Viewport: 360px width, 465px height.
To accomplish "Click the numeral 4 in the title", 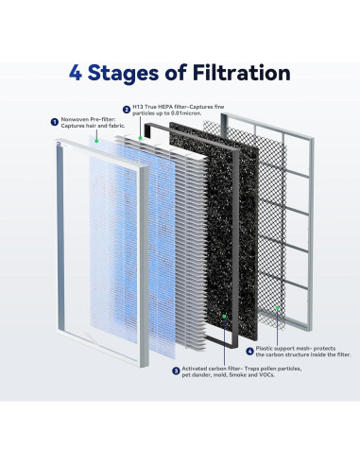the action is (x=75, y=73).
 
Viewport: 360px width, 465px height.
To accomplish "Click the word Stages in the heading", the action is (x=123, y=74).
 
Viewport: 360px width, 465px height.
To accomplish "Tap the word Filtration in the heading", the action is (x=242, y=73).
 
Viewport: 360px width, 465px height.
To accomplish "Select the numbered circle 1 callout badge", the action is (x=55, y=122).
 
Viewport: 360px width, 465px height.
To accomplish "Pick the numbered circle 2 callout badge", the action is (x=127, y=110).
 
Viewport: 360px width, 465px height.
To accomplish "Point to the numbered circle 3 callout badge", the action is (x=176, y=370).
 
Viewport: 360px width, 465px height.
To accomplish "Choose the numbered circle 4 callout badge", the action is (x=249, y=351).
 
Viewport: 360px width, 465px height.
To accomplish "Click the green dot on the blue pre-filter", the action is (x=96, y=141).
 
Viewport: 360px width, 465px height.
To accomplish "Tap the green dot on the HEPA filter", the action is (x=141, y=138).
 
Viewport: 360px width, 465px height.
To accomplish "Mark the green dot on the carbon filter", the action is (x=224, y=316).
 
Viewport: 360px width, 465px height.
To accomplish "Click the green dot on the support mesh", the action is (x=278, y=308).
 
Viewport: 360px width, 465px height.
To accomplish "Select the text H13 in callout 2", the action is (x=138, y=107).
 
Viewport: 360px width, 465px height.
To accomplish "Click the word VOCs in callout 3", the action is (x=266, y=375).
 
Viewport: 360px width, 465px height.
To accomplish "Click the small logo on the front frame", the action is (x=59, y=144).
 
